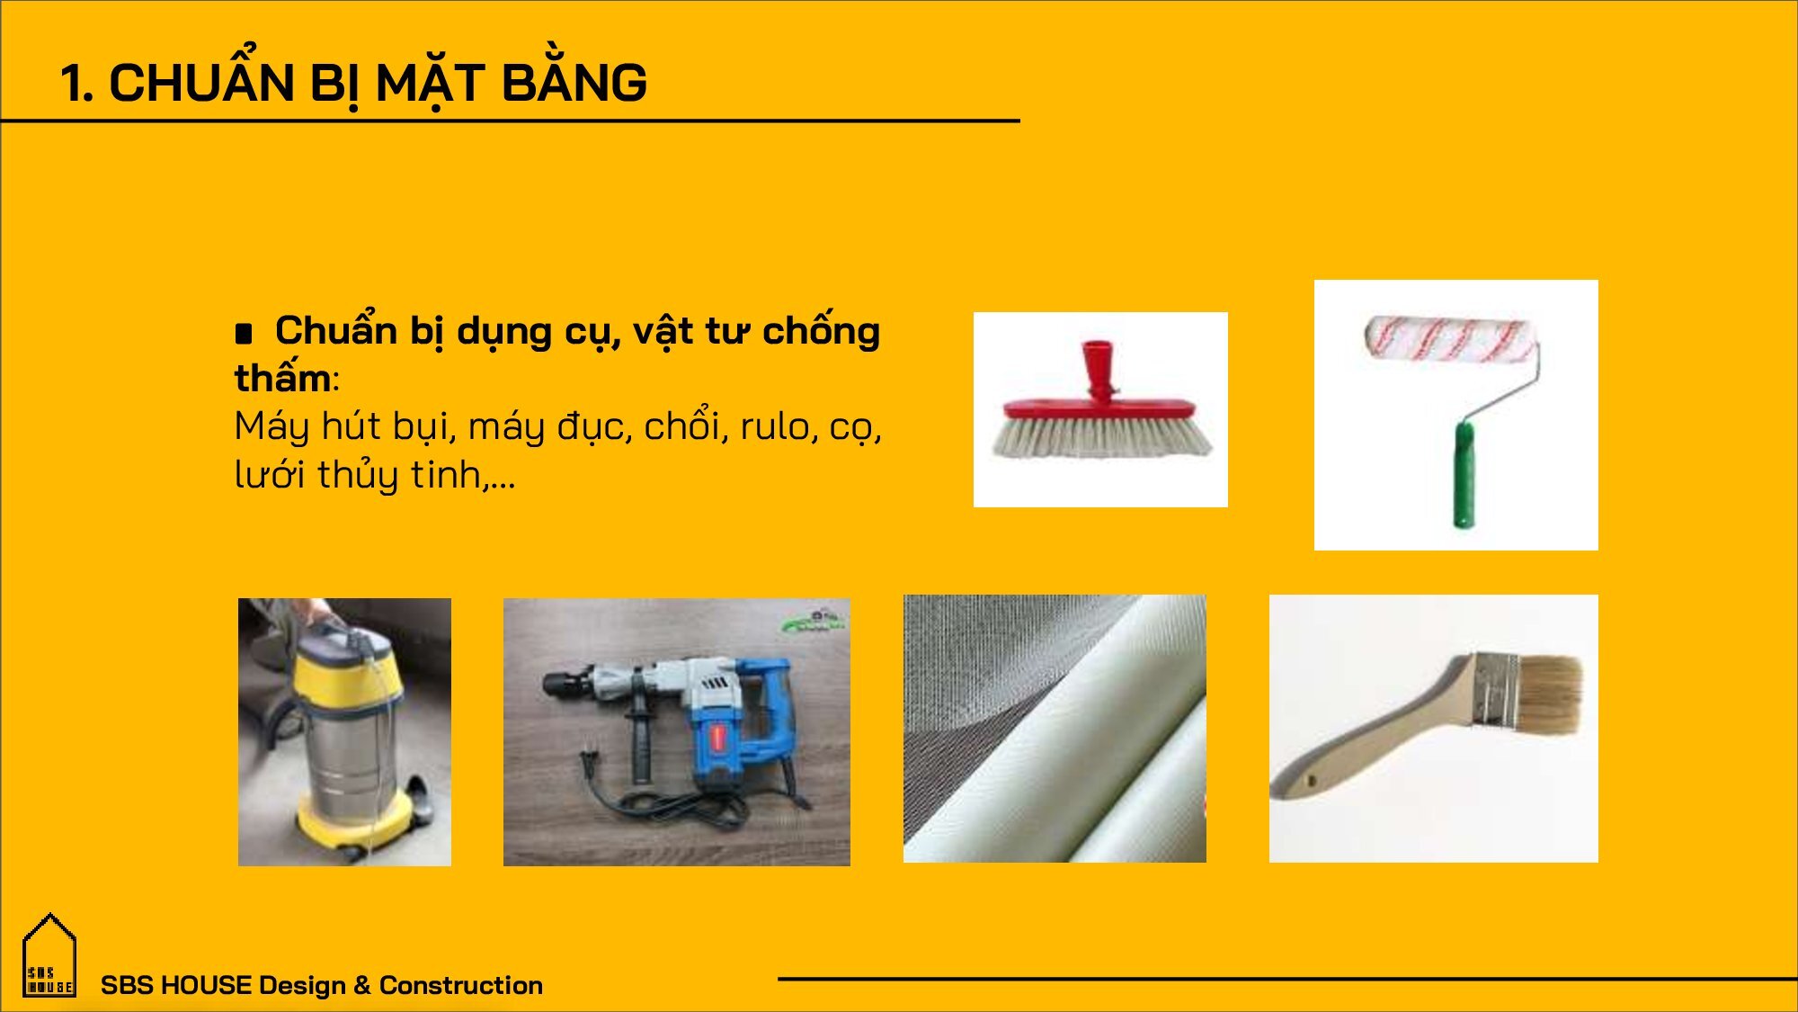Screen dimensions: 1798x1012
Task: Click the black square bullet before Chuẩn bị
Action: click(x=243, y=334)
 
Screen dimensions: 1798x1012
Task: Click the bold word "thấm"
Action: click(x=282, y=377)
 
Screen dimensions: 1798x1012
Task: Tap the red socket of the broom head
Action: click(x=1097, y=370)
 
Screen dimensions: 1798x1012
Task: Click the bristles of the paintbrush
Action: click(x=1551, y=692)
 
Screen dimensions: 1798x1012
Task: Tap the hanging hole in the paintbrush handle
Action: click(x=1309, y=782)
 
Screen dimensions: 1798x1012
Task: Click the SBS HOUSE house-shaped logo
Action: click(x=49, y=956)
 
